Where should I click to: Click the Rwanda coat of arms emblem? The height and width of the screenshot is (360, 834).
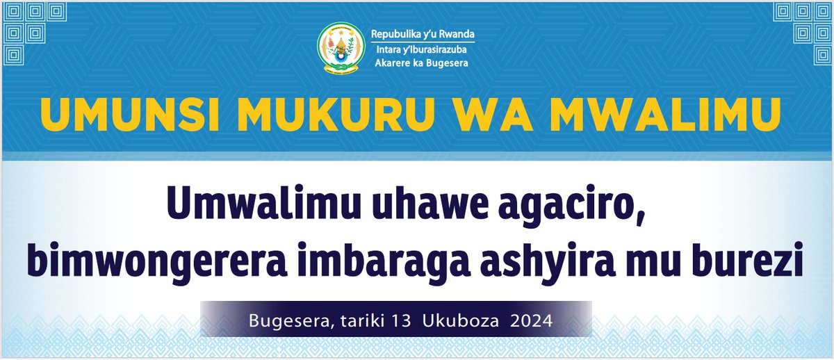(339, 48)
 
